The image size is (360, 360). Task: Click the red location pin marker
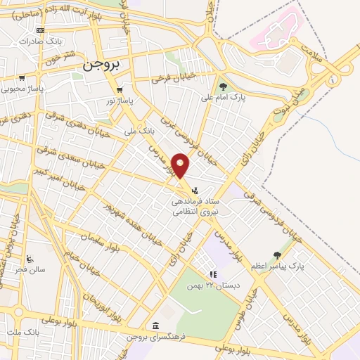[x=181, y=165]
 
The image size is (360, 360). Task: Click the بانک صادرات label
[x=23, y=41]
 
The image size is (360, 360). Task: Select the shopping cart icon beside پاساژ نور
[x=120, y=90]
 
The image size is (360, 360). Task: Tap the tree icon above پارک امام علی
[x=224, y=86]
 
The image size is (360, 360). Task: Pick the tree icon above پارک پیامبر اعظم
[x=276, y=255]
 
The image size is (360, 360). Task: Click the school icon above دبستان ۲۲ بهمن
[x=212, y=274]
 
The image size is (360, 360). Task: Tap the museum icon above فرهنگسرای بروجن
[x=155, y=325]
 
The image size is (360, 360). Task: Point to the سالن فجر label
[x=32, y=269]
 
